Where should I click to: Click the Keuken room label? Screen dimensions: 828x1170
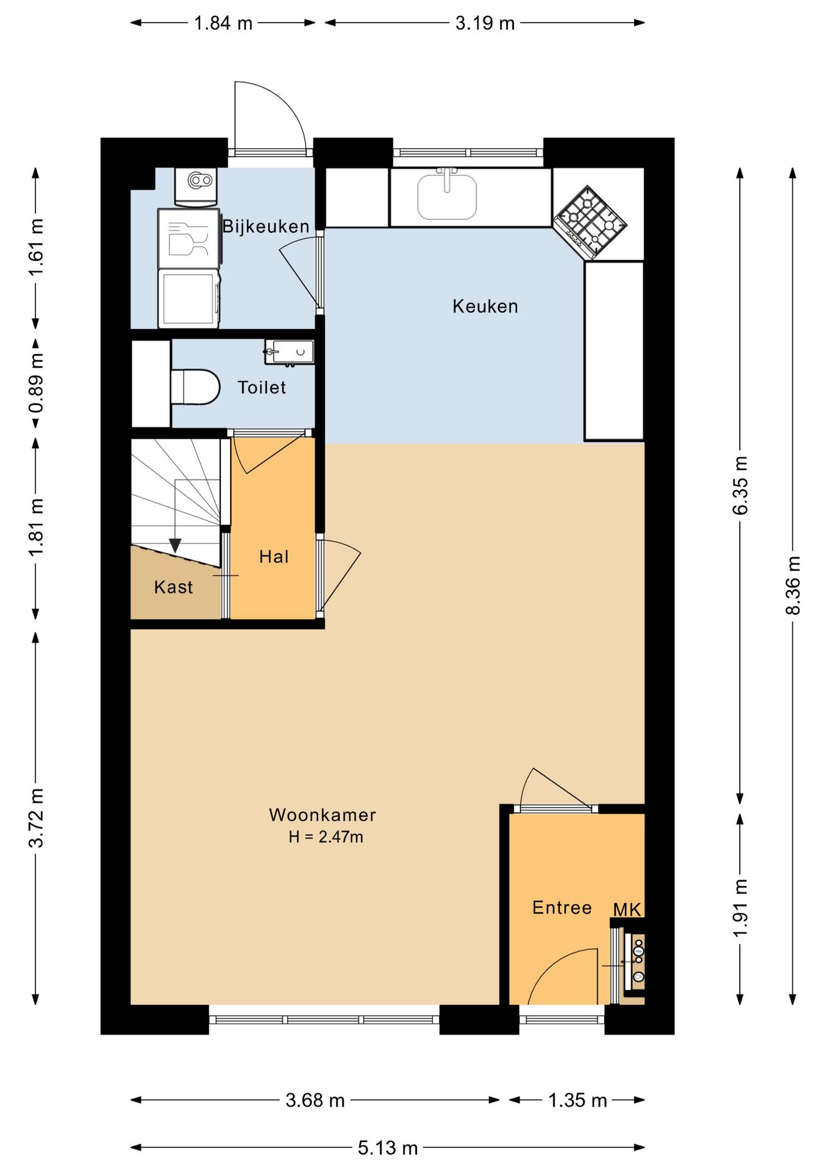(x=485, y=306)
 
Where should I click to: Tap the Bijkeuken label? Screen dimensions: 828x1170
(x=266, y=227)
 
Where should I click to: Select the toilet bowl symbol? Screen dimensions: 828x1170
(x=195, y=387)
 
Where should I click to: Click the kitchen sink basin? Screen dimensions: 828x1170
(x=447, y=196)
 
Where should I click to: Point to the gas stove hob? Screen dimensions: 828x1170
(x=590, y=222)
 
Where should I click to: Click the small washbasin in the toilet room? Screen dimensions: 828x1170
(x=290, y=352)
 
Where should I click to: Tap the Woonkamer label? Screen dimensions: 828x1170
(x=323, y=815)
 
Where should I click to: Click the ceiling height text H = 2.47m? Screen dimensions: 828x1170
(x=326, y=837)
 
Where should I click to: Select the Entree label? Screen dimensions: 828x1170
(x=562, y=907)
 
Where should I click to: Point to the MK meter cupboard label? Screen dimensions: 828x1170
(x=627, y=910)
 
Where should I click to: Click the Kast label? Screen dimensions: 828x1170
(x=174, y=587)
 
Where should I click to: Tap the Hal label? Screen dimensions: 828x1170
(x=274, y=556)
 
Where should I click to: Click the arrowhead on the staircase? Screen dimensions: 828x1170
(x=175, y=546)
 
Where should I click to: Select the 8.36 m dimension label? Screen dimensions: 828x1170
(x=793, y=585)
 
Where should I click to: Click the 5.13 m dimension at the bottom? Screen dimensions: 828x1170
(x=388, y=1148)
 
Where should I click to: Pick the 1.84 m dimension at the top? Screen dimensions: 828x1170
(x=223, y=23)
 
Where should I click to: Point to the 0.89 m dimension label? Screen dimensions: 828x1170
(x=36, y=383)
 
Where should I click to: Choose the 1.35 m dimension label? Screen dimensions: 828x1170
(x=577, y=1101)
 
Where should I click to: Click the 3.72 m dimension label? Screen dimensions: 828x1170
(x=36, y=817)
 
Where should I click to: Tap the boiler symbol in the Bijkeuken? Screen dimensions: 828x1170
(x=196, y=186)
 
